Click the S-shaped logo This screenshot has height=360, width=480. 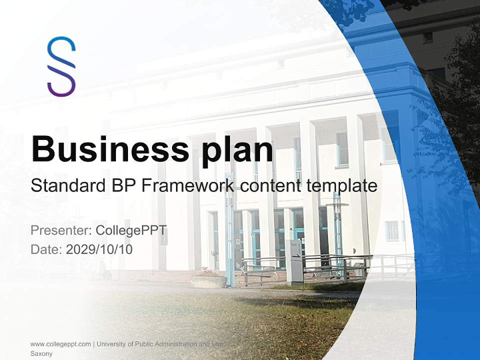(61, 66)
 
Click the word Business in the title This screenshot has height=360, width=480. (109, 148)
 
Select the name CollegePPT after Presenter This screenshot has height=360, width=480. (131, 230)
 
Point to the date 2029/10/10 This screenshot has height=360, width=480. (99, 249)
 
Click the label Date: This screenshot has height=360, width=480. (46, 249)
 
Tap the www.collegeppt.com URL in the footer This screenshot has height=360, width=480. (60, 344)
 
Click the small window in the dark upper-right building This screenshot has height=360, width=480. (428, 37)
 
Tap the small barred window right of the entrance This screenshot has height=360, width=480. (392, 231)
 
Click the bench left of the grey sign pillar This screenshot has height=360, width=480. (260, 272)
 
